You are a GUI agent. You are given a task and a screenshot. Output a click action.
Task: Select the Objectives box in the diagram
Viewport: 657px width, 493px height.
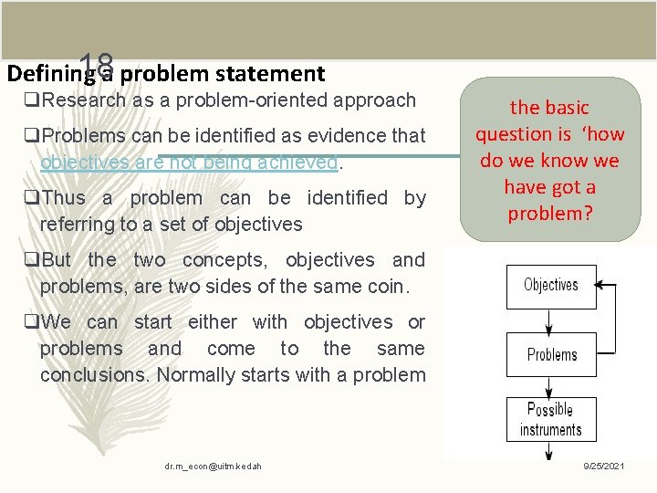tap(551, 286)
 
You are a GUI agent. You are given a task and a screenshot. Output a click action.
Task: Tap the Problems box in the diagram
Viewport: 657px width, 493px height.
tap(551, 354)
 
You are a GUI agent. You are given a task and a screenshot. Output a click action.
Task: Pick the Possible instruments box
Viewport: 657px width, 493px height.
tap(550, 420)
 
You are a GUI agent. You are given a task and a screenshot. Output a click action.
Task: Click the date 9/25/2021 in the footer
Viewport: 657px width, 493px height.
tap(604, 467)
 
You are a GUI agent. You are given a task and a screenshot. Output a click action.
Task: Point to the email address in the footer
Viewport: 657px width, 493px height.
tap(213, 467)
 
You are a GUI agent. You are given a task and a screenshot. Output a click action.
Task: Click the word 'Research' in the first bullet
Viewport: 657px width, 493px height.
tap(84, 100)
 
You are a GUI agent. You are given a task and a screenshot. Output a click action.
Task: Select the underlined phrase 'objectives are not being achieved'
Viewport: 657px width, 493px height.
tap(189, 163)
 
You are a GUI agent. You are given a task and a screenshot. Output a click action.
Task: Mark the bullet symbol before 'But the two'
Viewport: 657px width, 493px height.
tap(32, 260)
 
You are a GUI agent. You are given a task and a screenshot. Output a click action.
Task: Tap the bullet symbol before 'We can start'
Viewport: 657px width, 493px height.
tap(32, 322)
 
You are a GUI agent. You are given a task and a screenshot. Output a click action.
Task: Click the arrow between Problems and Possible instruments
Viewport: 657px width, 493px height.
tap(551, 387)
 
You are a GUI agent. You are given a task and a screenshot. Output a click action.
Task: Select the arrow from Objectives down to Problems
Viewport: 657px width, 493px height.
tap(551, 320)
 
